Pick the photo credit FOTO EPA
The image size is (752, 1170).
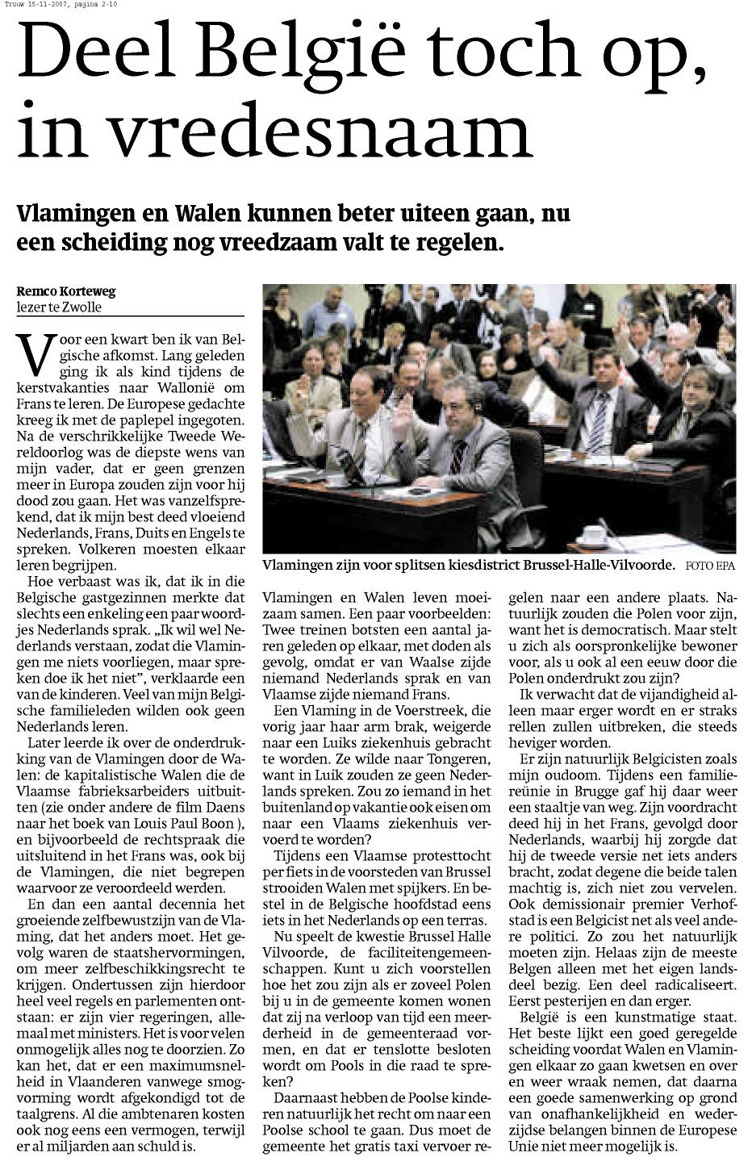pos(711,566)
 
